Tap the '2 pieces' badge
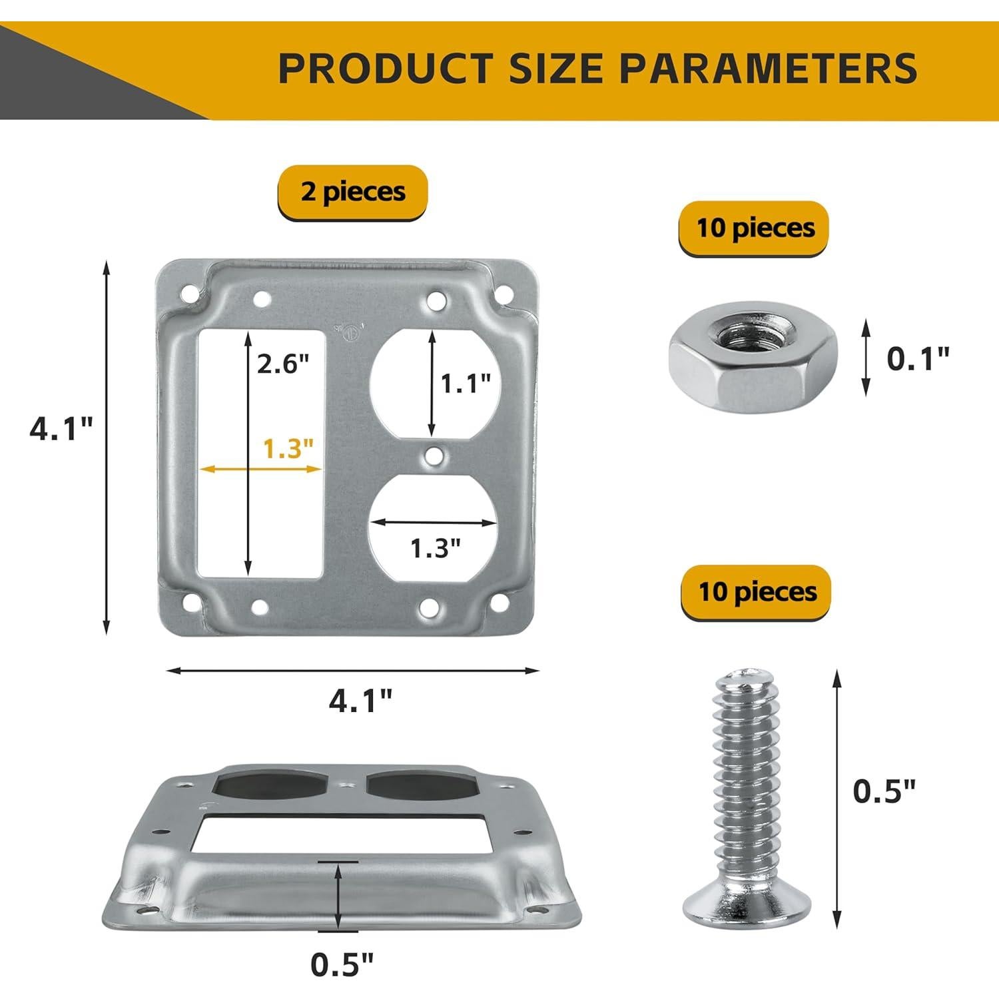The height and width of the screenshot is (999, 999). tap(352, 192)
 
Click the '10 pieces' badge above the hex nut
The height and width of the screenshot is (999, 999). tap(755, 228)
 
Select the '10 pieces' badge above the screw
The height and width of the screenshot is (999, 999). tap(757, 592)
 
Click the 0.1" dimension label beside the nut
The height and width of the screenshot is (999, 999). tap(918, 358)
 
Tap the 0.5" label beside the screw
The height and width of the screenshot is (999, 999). tap(885, 791)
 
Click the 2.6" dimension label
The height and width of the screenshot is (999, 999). tap(284, 364)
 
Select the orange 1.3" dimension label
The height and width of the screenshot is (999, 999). tap(288, 449)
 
